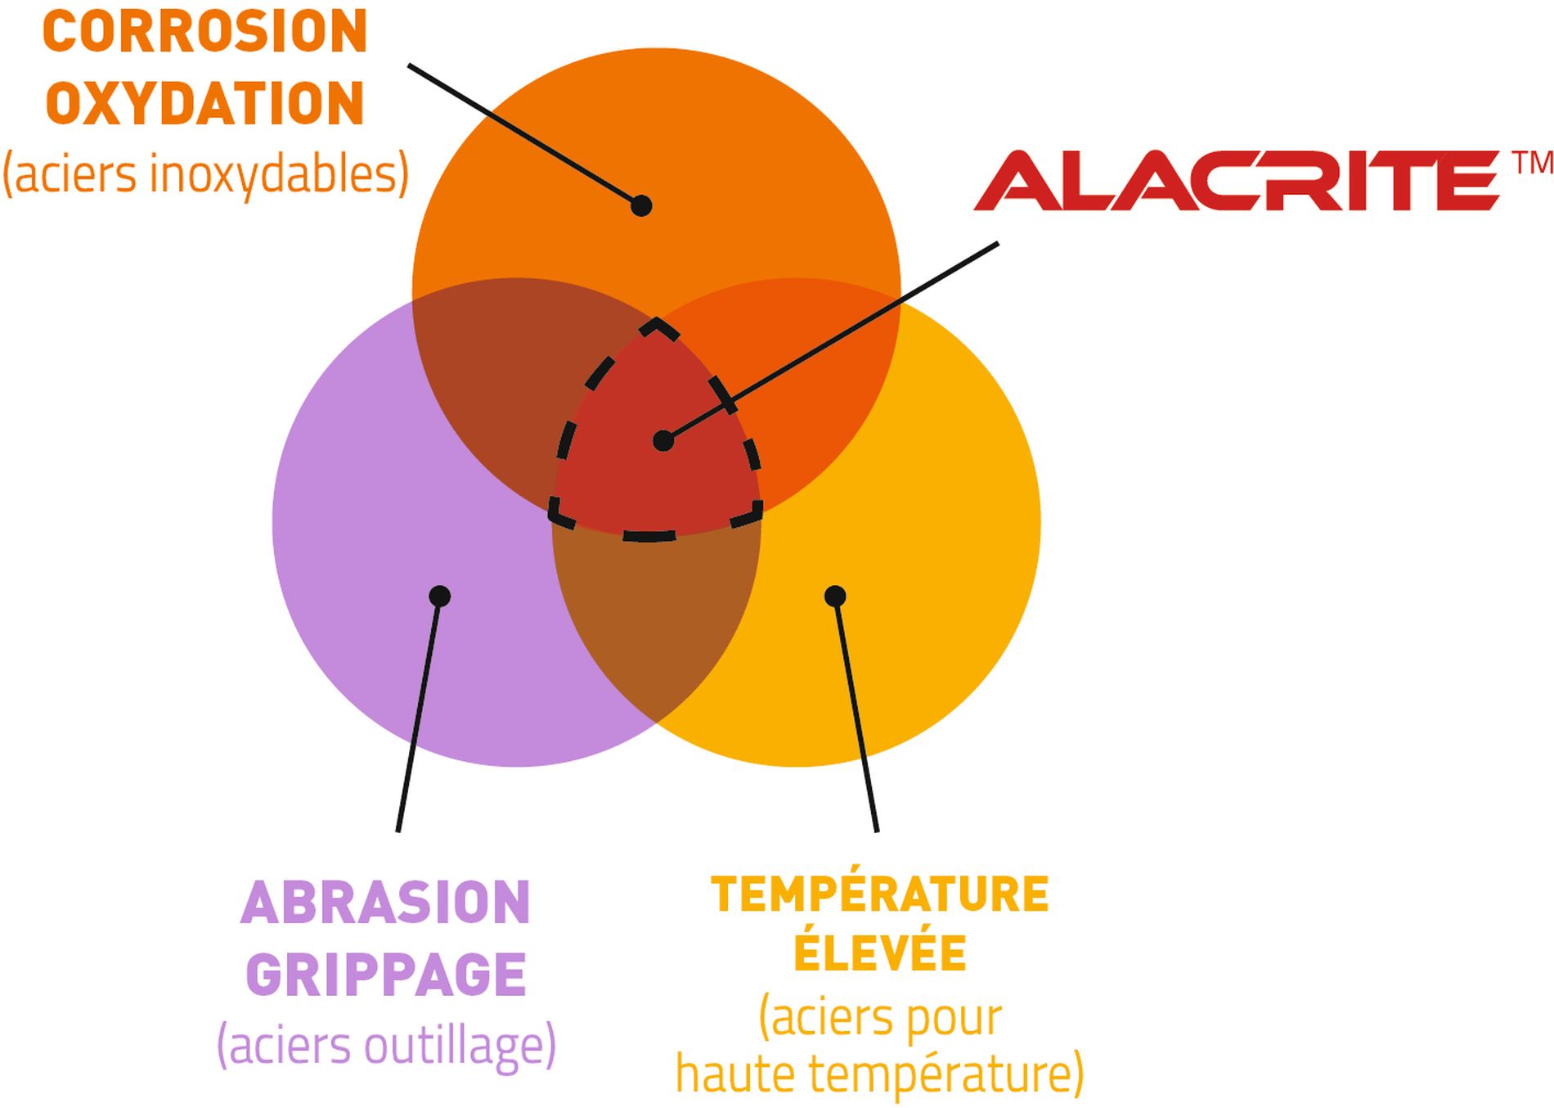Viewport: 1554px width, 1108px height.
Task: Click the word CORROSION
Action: (204, 33)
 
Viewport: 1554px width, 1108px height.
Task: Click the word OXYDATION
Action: (204, 104)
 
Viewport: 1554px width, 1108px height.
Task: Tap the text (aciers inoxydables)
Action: (205, 174)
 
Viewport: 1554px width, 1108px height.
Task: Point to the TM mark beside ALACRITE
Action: (1532, 163)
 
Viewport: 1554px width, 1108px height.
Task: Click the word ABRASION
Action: (386, 903)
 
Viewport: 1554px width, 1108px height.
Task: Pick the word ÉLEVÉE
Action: (879, 953)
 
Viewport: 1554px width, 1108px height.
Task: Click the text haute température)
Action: (879, 1074)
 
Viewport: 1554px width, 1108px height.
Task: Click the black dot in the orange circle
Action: (641, 205)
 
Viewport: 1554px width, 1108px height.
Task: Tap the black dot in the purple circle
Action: (440, 596)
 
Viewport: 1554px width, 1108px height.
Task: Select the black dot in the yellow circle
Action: (835, 596)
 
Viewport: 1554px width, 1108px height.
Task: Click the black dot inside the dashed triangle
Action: (663, 441)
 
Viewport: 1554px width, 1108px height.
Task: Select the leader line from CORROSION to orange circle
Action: (523, 134)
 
